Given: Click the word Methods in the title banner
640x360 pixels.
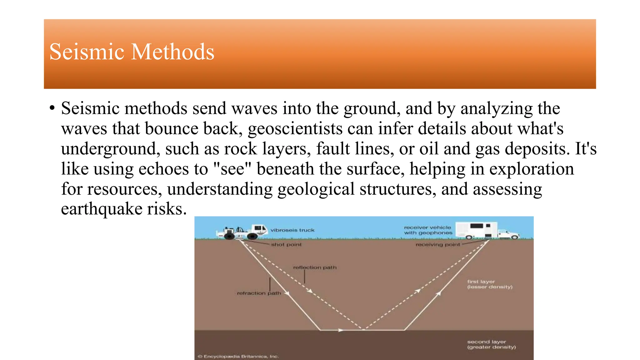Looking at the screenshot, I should pyautogui.click(x=173, y=52).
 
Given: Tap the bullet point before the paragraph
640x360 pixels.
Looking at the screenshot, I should pyautogui.click(x=52, y=108).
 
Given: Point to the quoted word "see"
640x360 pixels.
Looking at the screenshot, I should pyautogui.click(x=232, y=169).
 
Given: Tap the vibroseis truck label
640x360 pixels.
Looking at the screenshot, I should pyautogui.click(x=292, y=230).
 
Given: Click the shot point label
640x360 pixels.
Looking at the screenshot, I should pyautogui.click(x=286, y=245).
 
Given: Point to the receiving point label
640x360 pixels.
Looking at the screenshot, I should pyautogui.click(x=437, y=245).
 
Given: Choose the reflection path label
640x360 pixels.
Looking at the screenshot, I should pyautogui.click(x=315, y=267).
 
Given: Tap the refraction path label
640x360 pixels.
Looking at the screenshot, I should pyautogui.click(x=259, y=293).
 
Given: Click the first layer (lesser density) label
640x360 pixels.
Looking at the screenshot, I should pyautogui.click(x=490, y=284).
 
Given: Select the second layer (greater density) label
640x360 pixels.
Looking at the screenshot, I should pyautogui.click(x=491, y=344).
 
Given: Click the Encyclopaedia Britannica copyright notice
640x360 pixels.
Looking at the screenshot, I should pyautogui.click(x=238, y=357).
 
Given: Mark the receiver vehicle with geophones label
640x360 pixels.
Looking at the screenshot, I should pyautogui.click(x=428, y=230).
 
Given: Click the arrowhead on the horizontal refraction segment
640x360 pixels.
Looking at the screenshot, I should pyautogui.click(x=341, y=330).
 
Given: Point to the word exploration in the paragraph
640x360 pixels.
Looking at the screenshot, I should pyautogui.click(x=531, y=169).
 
